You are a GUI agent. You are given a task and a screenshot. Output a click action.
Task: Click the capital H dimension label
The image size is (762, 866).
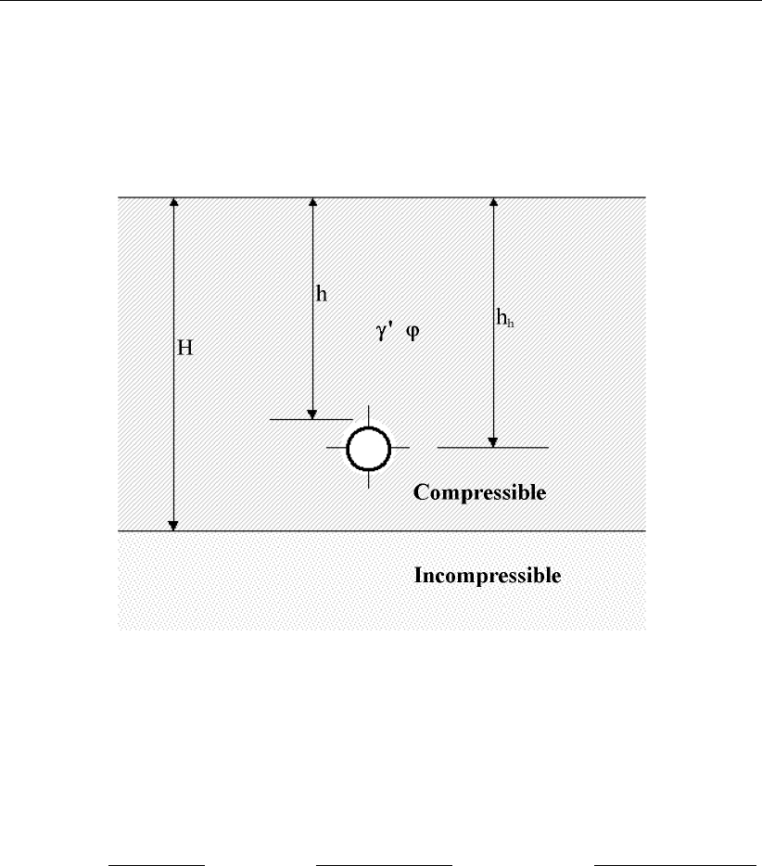click(x=184, y=349)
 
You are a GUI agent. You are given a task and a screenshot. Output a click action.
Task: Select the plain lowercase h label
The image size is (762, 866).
click(x=322, y=294)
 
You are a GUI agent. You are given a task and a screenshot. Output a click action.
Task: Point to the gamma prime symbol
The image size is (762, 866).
click(x=382, y=330)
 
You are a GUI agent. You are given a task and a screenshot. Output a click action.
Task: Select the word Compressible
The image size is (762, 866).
click(x=479, y=492)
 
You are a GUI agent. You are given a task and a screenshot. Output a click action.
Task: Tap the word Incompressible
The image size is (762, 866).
click(x=487, y=576)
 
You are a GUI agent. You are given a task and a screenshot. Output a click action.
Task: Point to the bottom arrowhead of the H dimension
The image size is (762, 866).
click(x=173, y=526)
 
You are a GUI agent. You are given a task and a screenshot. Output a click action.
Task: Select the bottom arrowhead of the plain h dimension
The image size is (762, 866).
click(x=312, y=414)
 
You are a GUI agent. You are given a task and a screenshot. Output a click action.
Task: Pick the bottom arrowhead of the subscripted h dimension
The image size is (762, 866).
click(x=493, y=441)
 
